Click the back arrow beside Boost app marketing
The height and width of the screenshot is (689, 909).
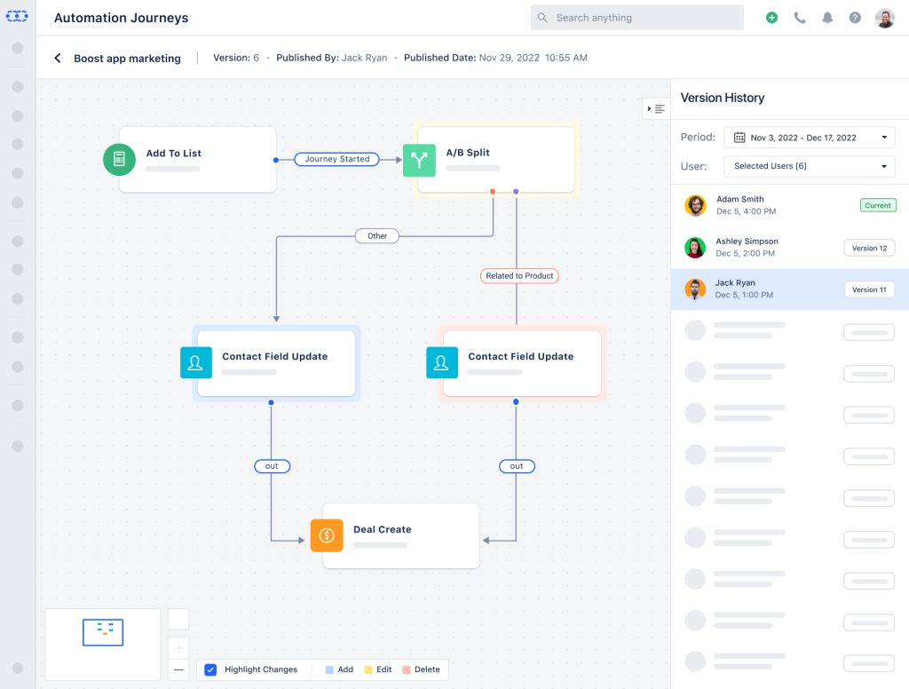(58, 59)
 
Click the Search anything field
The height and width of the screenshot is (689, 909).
(636, 18)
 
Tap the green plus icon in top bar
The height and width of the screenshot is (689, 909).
(771, 18)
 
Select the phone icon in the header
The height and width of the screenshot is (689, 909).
(800, 18)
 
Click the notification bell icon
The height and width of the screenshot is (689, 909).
(827, 18)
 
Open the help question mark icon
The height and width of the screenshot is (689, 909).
(855, 18)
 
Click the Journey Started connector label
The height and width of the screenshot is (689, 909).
(337, 159)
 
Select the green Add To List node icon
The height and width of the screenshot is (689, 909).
(119, 160)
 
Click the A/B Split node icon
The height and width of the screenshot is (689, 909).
(419, 160)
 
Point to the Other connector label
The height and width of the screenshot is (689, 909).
(377, 236)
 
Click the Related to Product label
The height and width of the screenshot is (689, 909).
(519, 276)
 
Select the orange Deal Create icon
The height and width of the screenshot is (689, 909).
(327, 535)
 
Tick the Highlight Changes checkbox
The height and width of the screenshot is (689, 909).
(210, 669)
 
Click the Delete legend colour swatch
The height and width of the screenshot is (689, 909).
(407, 669)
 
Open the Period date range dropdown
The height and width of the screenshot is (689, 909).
(809, 138)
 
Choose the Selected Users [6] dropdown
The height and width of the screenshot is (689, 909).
(809, 166)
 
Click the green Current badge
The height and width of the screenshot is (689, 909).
(877, 205)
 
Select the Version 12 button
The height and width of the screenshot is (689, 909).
(869, 249)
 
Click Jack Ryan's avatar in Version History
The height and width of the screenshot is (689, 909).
(695, 289)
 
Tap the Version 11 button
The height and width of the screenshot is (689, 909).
(869, 289)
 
